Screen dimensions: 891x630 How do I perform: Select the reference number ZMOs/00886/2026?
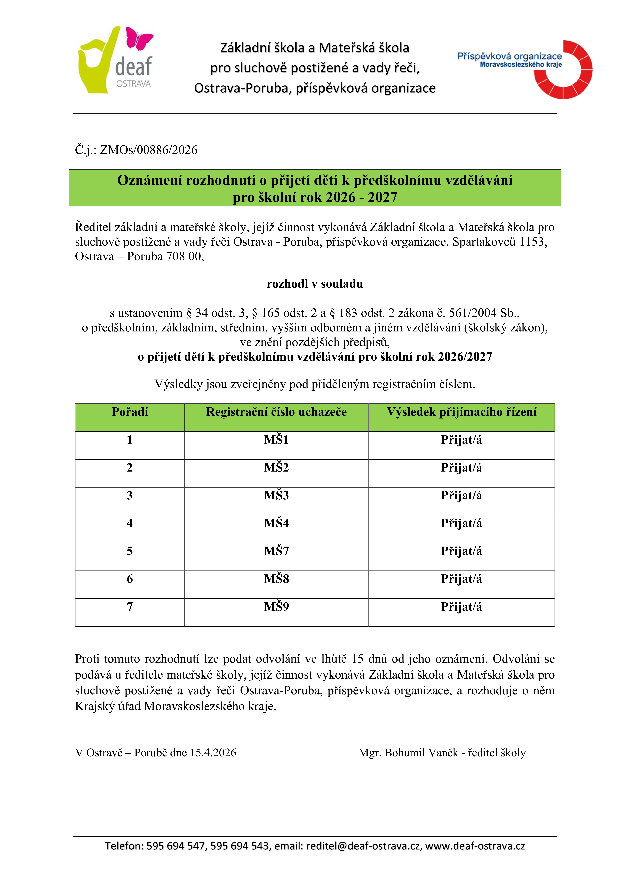pyautogui.click(x=149, y=150)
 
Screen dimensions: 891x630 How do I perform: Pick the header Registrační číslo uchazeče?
pyautogui.click(x=276, y=412)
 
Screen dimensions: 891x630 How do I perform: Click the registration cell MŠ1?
pyautogui.click(x=276, y=440)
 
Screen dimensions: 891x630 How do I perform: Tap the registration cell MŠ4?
pyautogui.click(x=276, y=523)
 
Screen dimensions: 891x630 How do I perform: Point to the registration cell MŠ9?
pyautogui.click(x=276, y=606)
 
